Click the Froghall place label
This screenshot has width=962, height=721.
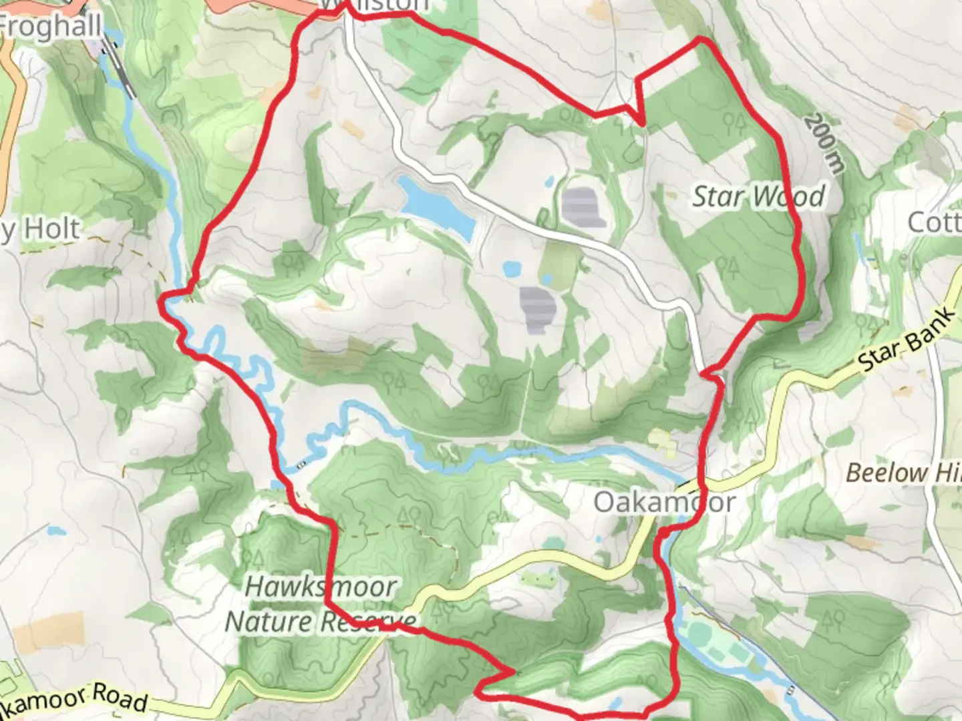click(x=50, y=27)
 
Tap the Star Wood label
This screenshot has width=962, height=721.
click(x=758, y=197)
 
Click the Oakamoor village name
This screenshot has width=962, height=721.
click(x=665, y=502)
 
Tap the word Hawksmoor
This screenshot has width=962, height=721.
click(x=321, y=587)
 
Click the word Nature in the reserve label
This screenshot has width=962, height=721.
click(x=269, y=622)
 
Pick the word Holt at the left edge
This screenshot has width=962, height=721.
click(x=51, y=229)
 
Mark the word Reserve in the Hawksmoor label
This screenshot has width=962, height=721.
click(x=367, y=622)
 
